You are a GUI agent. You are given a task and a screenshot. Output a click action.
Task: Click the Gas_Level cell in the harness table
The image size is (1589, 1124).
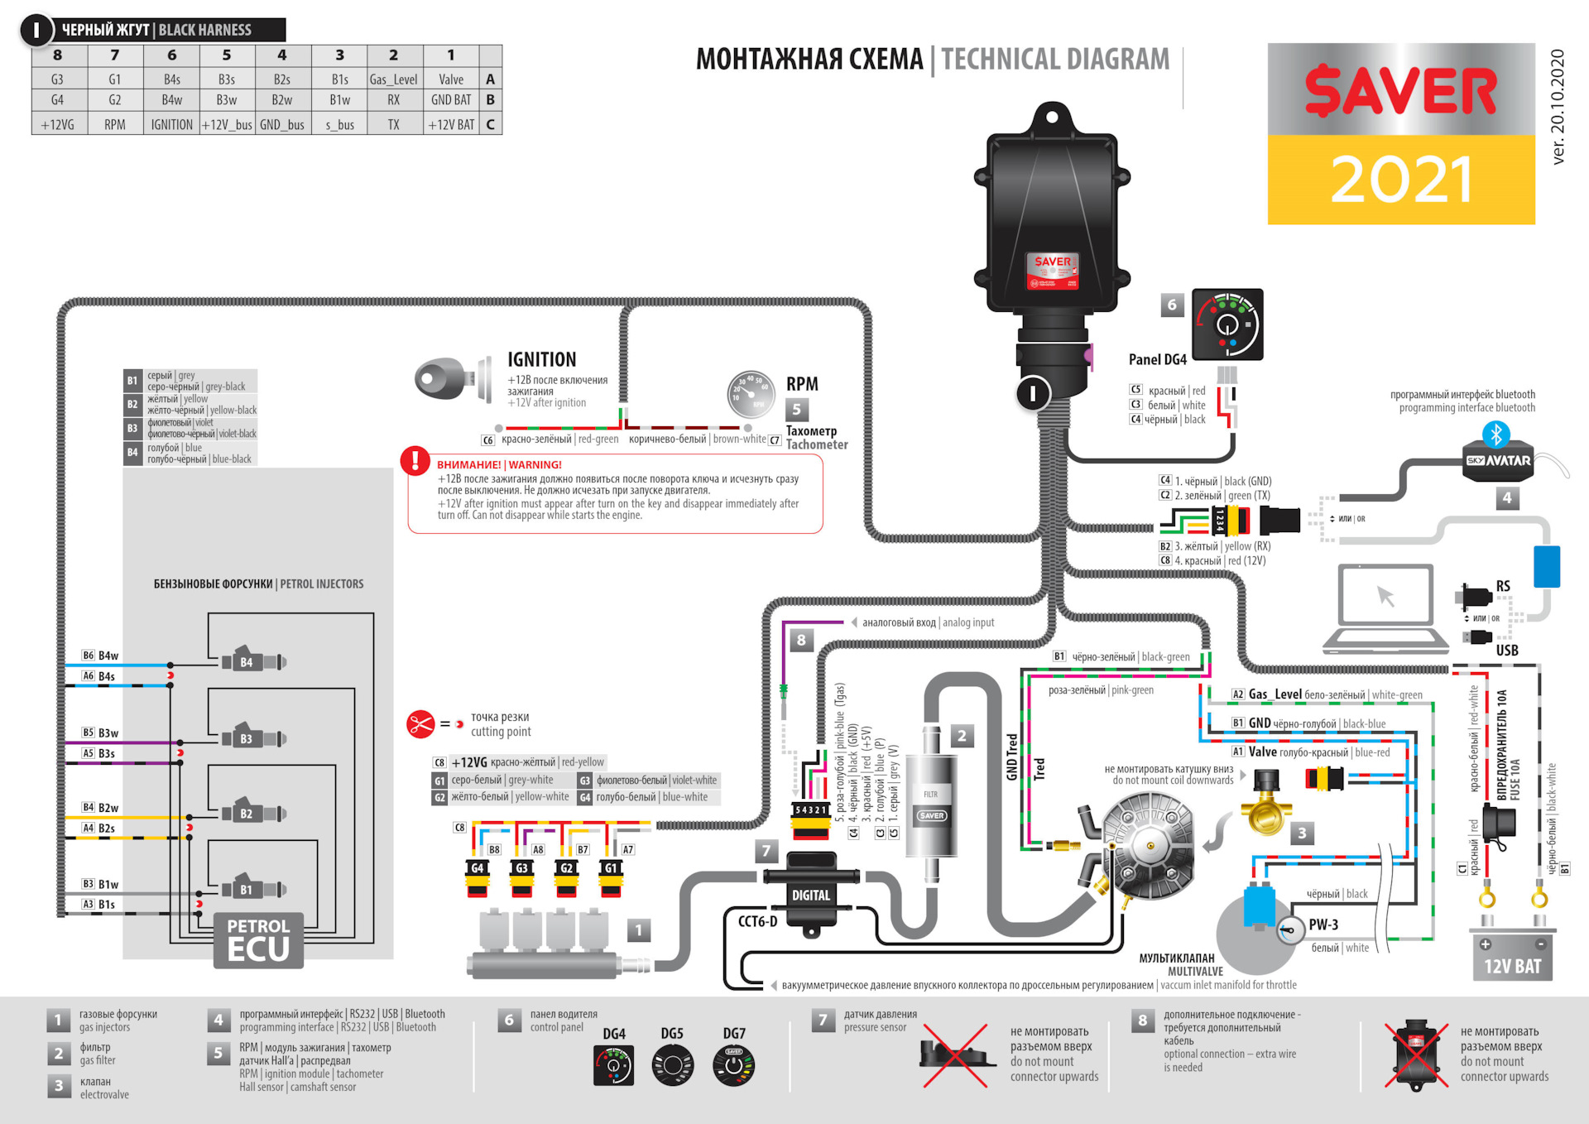click(x=393, y=79)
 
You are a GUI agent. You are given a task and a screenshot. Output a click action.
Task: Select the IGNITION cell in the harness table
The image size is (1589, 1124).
click(x=171, y=124)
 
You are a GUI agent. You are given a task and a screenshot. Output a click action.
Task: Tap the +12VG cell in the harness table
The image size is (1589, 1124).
click(x=57, y=124)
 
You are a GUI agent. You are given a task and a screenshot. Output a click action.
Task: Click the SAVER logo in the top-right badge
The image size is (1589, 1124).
click(x=1400, y=91)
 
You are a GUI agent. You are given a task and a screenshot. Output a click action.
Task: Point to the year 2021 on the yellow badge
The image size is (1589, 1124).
click(x=1400, y=180)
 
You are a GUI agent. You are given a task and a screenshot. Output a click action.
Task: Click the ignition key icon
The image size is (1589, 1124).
click(x=451, y=380)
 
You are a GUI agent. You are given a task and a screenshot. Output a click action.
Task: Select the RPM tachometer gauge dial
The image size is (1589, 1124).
click(x=750, y=395)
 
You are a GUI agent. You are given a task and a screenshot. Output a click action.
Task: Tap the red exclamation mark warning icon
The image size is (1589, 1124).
click(x=415, y=460)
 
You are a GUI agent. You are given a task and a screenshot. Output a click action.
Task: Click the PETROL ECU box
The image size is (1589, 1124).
click(x=258, y=940)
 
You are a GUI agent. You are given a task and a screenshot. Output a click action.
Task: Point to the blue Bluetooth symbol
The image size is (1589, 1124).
click(x=1495, y=434)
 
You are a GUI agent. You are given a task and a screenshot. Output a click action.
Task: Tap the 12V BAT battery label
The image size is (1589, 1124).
click(x=1512, y=966)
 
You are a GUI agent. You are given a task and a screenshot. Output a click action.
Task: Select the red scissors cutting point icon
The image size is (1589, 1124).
click(x=420, y=724)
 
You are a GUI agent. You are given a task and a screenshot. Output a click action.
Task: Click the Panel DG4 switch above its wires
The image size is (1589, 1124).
click(x=1227, y=324)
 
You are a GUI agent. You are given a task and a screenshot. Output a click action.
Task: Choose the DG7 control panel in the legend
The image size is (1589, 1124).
click(x=733, y=1066)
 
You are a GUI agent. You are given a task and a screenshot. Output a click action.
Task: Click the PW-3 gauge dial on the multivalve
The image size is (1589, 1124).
click(x=1290, y=930)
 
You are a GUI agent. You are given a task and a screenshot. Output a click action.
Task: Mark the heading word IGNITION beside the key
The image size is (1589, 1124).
click(x=541, y=359)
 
